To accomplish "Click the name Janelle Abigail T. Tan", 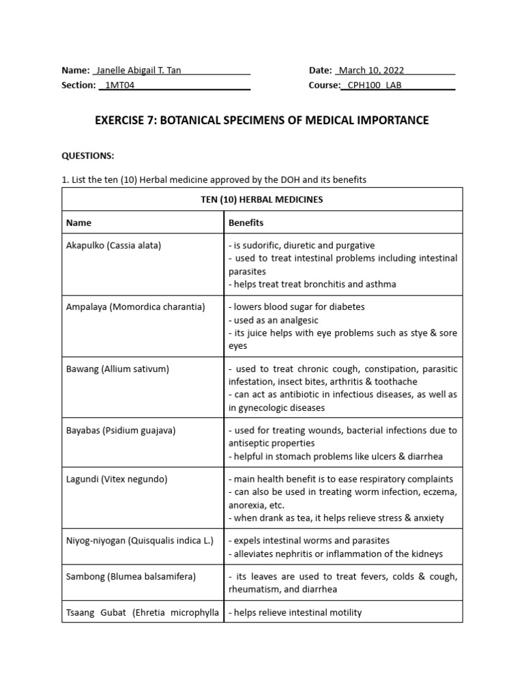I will (139, 70).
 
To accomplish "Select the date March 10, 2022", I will (371, 70).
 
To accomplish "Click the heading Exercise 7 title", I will (261, 121).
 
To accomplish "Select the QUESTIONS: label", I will (88, 156).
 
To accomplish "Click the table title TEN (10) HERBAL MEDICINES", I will (262, 199).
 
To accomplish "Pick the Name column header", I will (78, 223).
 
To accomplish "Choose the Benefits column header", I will (246, 223).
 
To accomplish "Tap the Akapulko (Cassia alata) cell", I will (113, 245).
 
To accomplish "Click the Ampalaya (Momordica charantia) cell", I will (135, 307).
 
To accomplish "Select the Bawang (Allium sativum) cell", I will (117, 369).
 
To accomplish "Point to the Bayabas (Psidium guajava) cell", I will (121, 431).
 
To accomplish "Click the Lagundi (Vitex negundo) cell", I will (113, 479).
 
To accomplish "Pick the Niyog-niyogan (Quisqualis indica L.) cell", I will (140, 541).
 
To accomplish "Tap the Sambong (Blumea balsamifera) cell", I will (131, 577).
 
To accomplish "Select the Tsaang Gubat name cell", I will (142, 612).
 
